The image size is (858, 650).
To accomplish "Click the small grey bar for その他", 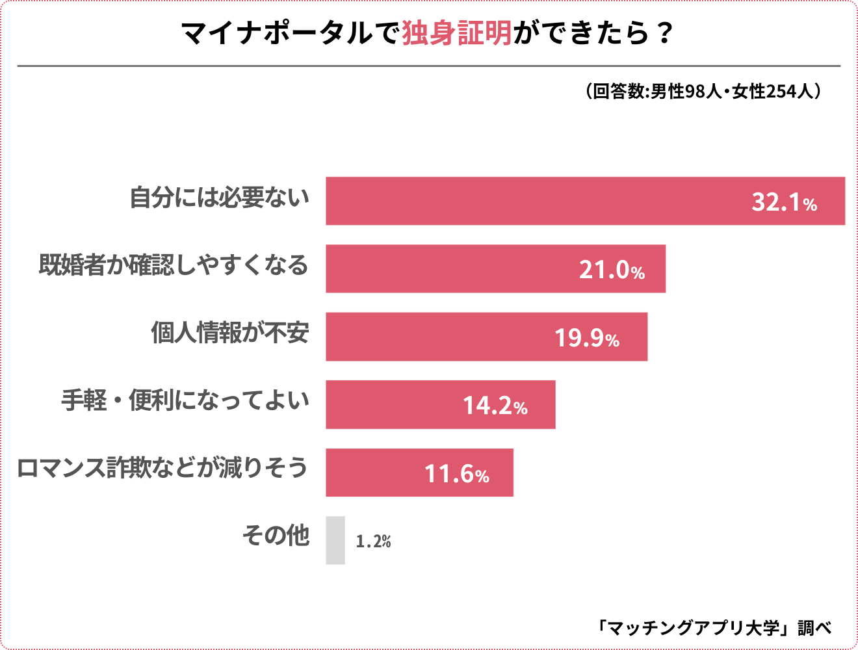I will pos(335,540).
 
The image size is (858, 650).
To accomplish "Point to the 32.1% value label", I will pos(784,202).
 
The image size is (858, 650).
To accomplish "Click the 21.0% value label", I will pos(612,270).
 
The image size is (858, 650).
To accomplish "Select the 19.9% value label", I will pos(587,338).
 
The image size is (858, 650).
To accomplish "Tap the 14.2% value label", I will pos(495,406).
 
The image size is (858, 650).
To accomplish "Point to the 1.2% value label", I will pos(373,541).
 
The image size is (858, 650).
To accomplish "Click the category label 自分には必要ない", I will pos(220,198).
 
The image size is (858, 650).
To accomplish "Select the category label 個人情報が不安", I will pos(230,333).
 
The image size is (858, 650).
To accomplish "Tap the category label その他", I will pos(276,536).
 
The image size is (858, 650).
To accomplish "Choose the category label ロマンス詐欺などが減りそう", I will pos(162,468).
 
